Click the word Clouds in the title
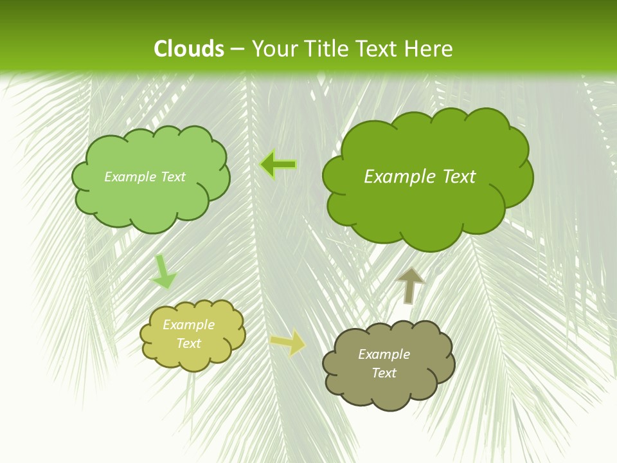tap(189, 49)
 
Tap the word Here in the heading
tap(429, 49)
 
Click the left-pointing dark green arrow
tap(278, 165)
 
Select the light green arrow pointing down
tap(163, 272)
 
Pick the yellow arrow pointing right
tap(288, 342)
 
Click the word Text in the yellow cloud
tap(188, 343)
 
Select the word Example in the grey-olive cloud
tap(384, 354)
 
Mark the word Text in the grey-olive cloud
tap(384, 373)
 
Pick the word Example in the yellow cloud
tap(188, 325)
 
